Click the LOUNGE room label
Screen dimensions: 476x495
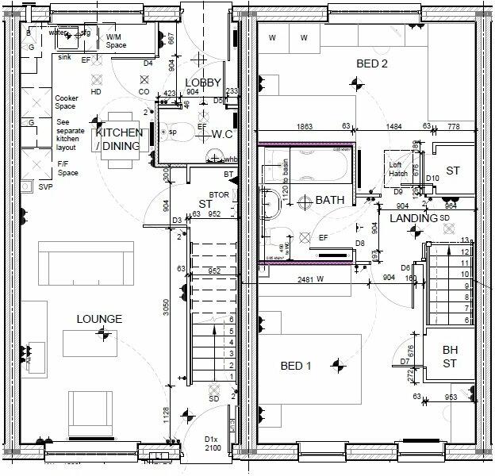(x=99, y=319)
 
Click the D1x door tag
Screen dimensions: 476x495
(x=211, y=439)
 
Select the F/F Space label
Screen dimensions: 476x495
(x=67, y=168)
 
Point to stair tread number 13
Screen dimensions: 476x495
(x=465, y=240)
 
